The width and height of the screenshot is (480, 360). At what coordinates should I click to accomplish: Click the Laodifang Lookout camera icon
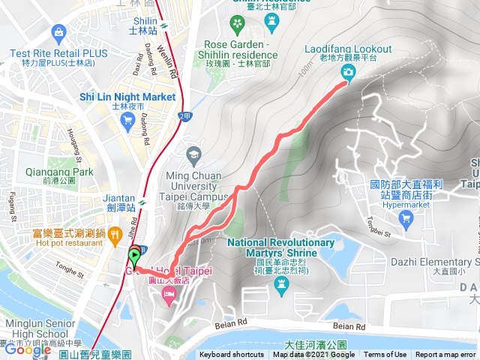(x=348, y=72)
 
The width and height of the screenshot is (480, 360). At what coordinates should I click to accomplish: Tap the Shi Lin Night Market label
(x=127, y=97)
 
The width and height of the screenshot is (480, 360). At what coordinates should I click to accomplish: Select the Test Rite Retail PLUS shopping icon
(x=58, y=31)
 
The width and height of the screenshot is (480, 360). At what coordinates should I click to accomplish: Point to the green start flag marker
(x=135, y=256)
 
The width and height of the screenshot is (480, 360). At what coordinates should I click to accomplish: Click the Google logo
(x=27, y=350)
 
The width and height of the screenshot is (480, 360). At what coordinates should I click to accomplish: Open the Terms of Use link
(x=385, y=355)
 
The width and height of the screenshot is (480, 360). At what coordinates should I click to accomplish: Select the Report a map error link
(x=446, y=355)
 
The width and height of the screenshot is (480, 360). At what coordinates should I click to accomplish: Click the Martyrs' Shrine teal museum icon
(x=280, y=283)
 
